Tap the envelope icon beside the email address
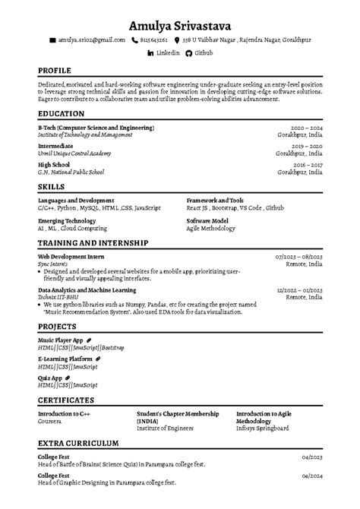52,39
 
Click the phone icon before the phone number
135,39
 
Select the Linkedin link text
167,53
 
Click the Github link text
204,53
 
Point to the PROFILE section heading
55,71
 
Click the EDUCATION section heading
61,114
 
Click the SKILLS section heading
51,185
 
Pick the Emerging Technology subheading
66,220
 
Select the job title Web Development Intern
72,257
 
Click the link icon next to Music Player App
88,340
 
